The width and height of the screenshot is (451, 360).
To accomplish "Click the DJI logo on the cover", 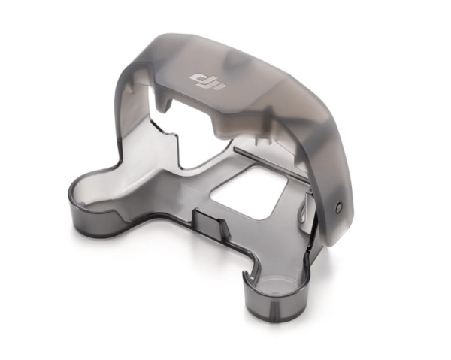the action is click(x=208, y=82).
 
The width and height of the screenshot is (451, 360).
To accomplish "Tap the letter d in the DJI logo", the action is click(x=198, y=78).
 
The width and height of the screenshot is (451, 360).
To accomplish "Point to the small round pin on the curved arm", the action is click(x=339, y=206).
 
